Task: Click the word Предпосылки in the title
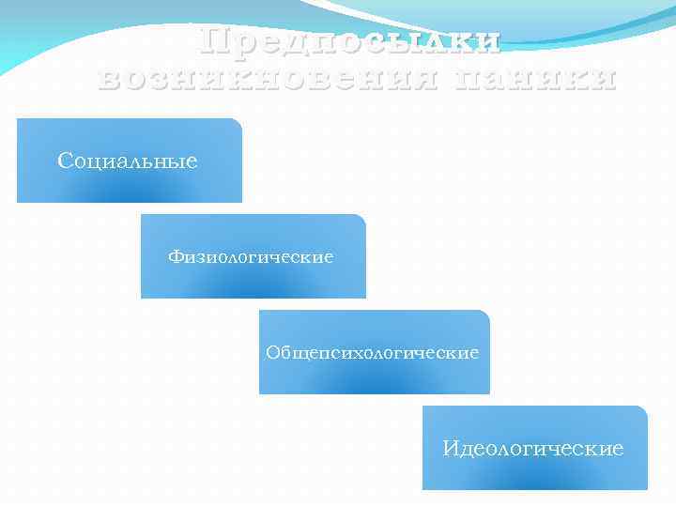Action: (x=351, y=39)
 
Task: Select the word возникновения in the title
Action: (x=267, y=79)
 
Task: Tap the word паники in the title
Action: (x=535, y=79)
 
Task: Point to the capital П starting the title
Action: (x=214, y=39)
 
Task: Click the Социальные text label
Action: (x=128, y=161)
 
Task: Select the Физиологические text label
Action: (x=251, y=256)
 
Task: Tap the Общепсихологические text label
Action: (x=372, y=353)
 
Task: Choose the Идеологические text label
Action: (x=533, y=449)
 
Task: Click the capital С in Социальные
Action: (x=65, y=161)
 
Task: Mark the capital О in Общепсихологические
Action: (x=273, y=353)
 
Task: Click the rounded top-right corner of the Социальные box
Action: (x=238, y=123)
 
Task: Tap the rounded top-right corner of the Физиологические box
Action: (x=361, y=219)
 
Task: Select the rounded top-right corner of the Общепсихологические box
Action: (x=485, y=315)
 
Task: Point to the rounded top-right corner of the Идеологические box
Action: (x=643, y=410)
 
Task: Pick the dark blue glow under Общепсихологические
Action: (x=374, y=387)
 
